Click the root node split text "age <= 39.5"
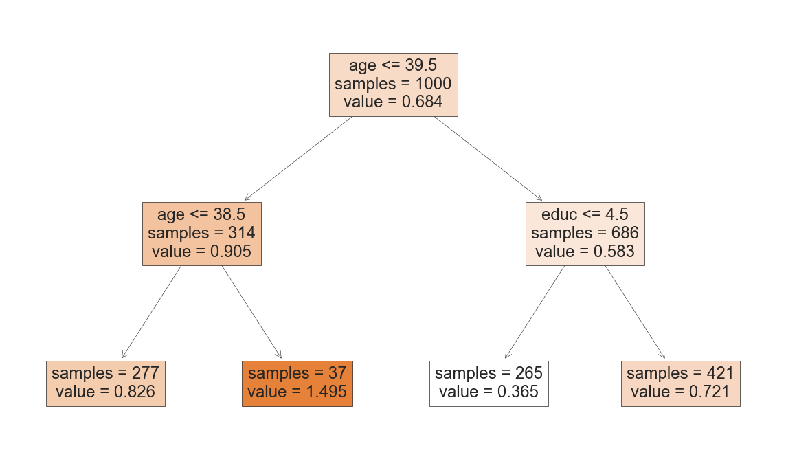coord(393,65)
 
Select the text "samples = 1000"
coord(393,84)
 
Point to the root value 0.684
coord(393,102)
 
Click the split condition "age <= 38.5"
coord(201,214)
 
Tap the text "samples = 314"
coord(201,233)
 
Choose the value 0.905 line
coord(201,252)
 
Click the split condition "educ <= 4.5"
coord(585,214)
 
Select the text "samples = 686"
coord(585,233)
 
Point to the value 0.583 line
coord(585,252)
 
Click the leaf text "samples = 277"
coord(105,373)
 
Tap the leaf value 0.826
coord(105,392)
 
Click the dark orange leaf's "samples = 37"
coord(297,373)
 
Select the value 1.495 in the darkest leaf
coord(297,392)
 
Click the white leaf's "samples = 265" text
coord(489,373)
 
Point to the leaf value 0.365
coord(489,392)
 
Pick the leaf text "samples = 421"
coord(680,373)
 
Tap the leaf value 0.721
coord(680,392)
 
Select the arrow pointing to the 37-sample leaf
coord(251,312)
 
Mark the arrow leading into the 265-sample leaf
coord(535,312)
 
